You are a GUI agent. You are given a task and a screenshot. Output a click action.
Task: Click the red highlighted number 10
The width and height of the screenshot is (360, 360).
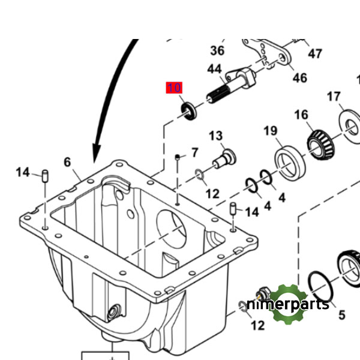point(173,88)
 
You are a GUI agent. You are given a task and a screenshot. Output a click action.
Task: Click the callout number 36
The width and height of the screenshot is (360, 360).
point(217,50)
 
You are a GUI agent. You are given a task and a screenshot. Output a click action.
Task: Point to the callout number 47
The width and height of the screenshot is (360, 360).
point(315,54)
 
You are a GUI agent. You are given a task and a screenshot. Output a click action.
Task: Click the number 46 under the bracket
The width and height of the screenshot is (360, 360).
point(299,78)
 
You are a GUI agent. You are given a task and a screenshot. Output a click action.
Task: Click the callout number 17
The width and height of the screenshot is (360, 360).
point(334,97)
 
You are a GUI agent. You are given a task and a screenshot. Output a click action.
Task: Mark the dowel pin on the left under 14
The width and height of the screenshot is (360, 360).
point(46,176)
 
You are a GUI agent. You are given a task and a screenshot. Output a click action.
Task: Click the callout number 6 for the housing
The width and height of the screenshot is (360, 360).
point(67,162)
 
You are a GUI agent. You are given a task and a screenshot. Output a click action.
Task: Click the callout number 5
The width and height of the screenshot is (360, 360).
point(341,314)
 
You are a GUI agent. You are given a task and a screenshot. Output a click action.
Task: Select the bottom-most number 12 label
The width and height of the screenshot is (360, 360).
point(257,326)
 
